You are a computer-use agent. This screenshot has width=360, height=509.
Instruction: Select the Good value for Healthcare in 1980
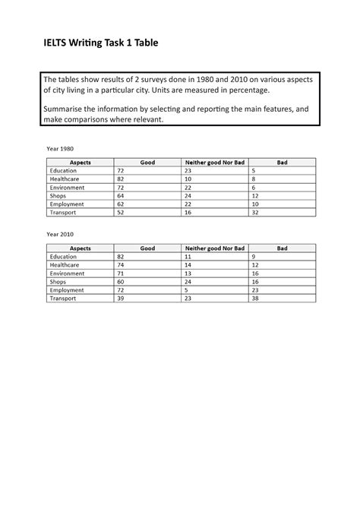(121, 179)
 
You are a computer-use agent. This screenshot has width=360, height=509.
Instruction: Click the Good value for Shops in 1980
(121, 195)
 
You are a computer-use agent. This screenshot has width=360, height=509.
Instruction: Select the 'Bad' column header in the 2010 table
(282, 248)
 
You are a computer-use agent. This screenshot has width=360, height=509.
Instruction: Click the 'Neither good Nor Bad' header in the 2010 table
(214, 248)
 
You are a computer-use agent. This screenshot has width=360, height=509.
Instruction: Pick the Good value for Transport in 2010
(121, 298)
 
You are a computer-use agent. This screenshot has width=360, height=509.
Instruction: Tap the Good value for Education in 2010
(121, 257)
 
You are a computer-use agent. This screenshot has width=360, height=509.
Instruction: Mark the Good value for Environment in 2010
(120, 273)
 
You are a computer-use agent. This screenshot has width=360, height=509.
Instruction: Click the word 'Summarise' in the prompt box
(68, 109)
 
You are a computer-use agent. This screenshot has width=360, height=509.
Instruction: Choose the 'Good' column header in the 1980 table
(147, 163)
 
